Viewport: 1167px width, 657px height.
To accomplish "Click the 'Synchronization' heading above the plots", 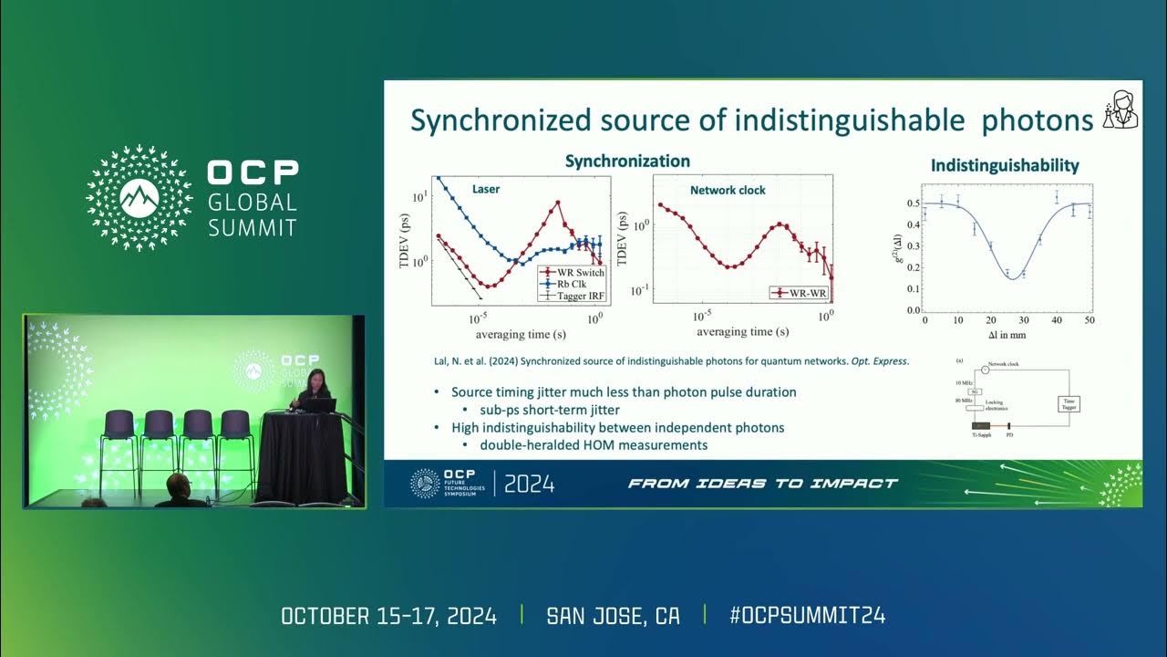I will tap(627, 162).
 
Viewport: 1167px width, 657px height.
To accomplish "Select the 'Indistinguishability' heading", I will tap(1004, 165).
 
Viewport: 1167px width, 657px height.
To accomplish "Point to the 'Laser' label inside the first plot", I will tap(485, 190).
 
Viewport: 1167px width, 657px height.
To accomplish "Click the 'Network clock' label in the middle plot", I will tap(728, 191).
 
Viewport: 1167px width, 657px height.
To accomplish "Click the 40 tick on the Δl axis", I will tap(1057, 321).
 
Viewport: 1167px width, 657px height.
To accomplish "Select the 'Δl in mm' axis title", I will tap(1007, 335).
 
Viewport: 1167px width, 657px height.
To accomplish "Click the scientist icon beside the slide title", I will tap(1121, 110).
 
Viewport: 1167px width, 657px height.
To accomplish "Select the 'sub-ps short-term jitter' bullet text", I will tap(550, 410).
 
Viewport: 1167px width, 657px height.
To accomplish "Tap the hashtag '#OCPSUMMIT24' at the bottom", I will tap(807, 616).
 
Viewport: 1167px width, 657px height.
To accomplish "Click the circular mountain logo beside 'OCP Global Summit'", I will tap(139, 198).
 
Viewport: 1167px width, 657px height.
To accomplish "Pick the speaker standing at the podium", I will tap(315, 387).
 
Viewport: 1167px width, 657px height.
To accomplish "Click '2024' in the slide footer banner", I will tap(529, 484).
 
